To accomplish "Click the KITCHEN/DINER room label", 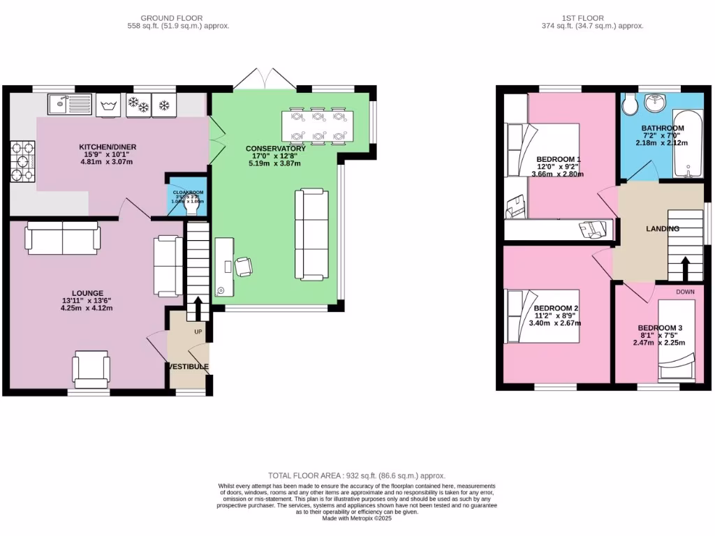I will (107, 147).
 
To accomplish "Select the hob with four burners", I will (22, 161).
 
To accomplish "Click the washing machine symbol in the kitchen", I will (108, 105).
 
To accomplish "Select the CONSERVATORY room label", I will (275, 149).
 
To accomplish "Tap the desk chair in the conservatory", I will (244, 267).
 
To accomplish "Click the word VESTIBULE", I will (187, 366).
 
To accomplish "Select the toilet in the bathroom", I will (629, 105).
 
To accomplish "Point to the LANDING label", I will (662, 229).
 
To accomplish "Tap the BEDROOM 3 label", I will (660, 328).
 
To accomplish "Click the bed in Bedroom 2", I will (543, 316).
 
